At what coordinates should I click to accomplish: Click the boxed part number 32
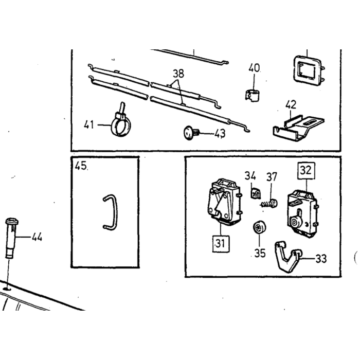point(306,171)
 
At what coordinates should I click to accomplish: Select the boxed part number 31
point(221,244)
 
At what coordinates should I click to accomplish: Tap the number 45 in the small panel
point(81,166)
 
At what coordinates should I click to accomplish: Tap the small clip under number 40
point(253,96)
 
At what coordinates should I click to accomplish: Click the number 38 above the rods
point(178,74)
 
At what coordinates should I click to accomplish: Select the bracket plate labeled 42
point(298,129)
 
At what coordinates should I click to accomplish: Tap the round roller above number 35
point(259,227)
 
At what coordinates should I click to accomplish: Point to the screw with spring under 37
point(269,204)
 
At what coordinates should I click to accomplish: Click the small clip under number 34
point(255,193)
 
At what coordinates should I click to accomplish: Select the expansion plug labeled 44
point(11,238)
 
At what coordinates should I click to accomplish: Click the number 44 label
point(37,237)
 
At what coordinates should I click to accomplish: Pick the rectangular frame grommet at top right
point(309,71)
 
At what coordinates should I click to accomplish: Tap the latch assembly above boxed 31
point(224,202)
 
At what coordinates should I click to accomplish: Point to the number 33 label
point(321,259)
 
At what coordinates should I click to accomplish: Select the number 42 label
point(291,105)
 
